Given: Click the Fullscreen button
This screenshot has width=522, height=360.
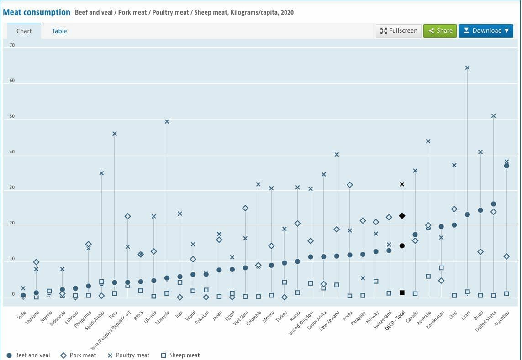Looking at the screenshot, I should [399, 31].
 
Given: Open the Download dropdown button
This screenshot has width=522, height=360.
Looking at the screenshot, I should [485, 31].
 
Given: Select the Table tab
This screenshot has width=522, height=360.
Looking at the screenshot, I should [59, 31].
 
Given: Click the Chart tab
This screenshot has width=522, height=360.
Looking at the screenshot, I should [24, 31].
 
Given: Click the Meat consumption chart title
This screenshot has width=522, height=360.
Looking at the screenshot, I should [37, 12].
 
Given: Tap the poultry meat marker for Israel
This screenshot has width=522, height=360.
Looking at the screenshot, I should [467, 68].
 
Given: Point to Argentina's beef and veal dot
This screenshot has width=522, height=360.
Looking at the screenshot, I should [506, 166].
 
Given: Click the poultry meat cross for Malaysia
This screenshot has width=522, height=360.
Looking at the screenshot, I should [167, 122].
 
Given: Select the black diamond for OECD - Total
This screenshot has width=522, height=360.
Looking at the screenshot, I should [402, 216].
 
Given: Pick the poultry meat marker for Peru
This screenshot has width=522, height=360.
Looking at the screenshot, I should [115, 134].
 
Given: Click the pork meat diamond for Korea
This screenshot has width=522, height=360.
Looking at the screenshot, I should [350, 185].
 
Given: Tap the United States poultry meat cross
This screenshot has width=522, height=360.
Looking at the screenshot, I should [493, 116].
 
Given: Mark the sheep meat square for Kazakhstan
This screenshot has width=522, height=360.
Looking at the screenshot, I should [441, 268].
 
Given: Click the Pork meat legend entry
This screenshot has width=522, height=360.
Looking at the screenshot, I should [79, 355].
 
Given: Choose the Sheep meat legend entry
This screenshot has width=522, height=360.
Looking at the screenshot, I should [180, 355].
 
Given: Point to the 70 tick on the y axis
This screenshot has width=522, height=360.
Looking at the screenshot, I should [12, 45].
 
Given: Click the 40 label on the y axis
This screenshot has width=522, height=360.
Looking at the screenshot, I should [12, 152].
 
